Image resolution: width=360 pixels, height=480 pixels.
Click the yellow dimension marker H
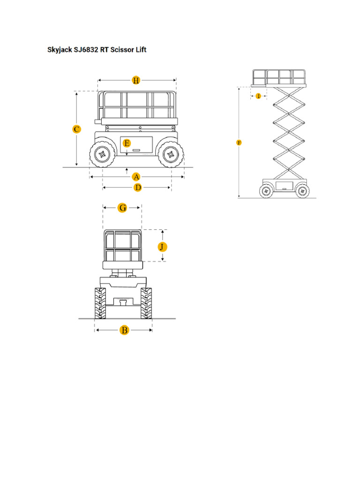coord(136,80)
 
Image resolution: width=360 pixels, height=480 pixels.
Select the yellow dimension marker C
coord(77,129)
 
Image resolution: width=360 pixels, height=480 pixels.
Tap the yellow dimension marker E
coord(126,143)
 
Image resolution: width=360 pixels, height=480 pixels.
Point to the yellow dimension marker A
coord(136,177)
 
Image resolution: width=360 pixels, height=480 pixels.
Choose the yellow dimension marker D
coord(137,187)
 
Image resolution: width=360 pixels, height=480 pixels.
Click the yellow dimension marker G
coord(122,208)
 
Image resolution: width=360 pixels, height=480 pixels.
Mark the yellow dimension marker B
coord(124,330)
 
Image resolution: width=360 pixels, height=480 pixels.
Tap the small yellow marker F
coord(239,142)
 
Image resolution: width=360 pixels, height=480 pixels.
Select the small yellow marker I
coord(258,96)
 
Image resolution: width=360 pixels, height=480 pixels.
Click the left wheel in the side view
coord(101,154)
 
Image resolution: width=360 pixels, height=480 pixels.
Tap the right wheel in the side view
coord(170,154)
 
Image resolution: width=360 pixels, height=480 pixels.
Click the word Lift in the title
coord(140,49)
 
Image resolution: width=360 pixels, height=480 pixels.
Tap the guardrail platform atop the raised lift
coord(279,77)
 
